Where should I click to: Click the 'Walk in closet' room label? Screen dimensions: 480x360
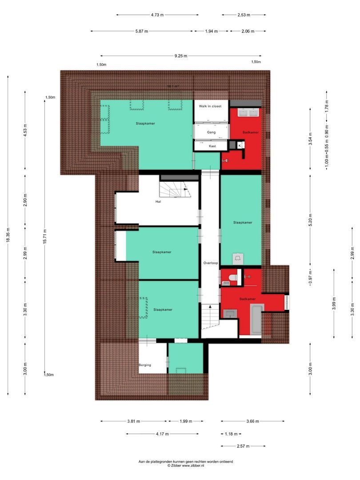coord(210,106)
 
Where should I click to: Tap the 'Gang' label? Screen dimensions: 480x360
coord(211,132)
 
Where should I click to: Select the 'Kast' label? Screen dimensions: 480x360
coord(212,146)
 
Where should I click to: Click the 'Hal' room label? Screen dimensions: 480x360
coord(158,201)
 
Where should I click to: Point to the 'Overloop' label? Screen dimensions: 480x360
coord(210,263)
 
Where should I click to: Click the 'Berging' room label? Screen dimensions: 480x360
coord(145,365)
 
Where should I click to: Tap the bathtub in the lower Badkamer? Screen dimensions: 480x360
coord(257,319)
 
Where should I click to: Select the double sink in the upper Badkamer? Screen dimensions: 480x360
coord(249,112)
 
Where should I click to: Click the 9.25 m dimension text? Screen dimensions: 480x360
coord(180,56)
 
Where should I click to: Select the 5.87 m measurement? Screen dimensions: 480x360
coord(141,31)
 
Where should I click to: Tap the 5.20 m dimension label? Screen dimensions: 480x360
coord(311,218)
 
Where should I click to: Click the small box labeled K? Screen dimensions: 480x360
coord(240,145)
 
